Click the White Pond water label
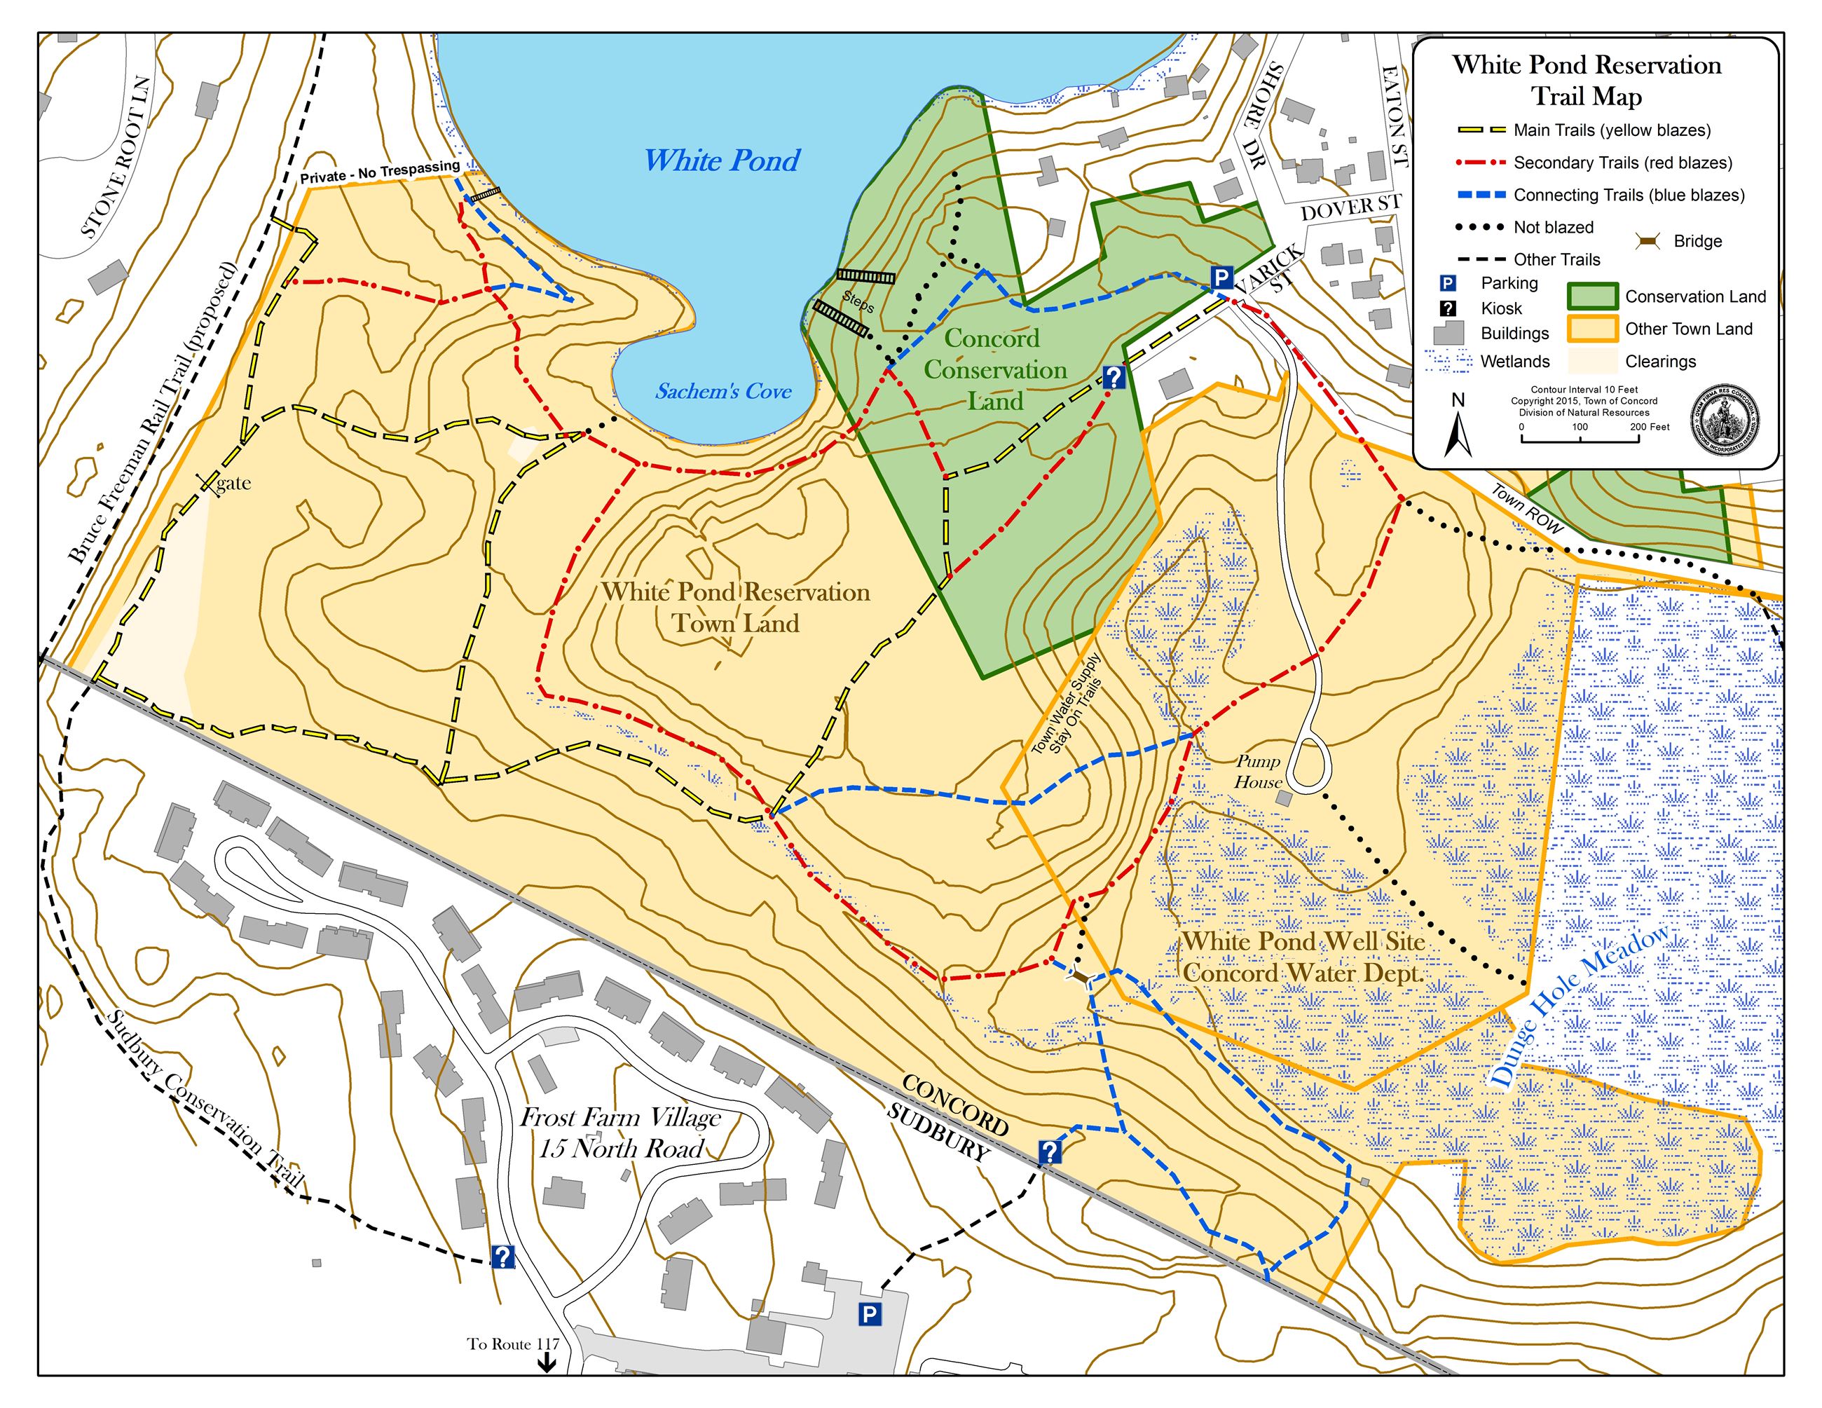point(722,160)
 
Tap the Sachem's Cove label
point(722,391)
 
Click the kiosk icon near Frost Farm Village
point(502,1256)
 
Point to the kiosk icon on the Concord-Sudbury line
point(1050,1153)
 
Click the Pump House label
point(1258,772)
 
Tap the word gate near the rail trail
point(233,483)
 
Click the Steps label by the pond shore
point(858,301)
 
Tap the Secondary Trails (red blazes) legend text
point(1622,163)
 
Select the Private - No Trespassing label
point(380,172)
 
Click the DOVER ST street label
point(1350,209)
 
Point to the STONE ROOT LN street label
point(117,158)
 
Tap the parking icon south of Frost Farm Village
point(868,1315)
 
